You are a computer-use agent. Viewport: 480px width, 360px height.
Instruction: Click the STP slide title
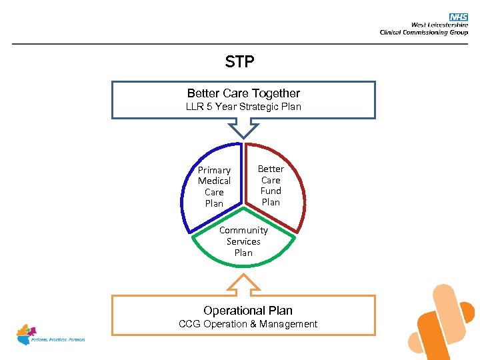click(240, 62)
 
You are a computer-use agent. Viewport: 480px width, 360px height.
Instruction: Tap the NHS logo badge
click(459, 17)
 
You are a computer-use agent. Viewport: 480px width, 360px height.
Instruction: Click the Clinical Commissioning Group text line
click(423, 32)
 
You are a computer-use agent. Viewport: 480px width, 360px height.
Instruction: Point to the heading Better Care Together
click(243, 93)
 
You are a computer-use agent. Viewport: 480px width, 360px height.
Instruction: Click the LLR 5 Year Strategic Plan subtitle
click(243, 107)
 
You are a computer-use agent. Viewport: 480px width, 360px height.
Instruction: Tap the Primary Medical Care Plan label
click(214, 187)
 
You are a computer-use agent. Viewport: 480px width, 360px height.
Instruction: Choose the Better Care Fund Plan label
click(271, 185)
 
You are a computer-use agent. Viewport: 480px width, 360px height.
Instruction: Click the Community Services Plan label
click(243, 241)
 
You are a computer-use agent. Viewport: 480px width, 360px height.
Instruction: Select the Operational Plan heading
click(247, 311)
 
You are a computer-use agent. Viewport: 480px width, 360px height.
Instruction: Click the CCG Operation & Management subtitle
click(248, 324)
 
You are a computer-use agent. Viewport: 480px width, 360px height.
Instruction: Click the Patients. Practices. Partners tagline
click(59, 340)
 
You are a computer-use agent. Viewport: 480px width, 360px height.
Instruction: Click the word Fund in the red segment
click(271, 191)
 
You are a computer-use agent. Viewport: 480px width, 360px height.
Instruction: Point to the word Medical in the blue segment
click(214, 181)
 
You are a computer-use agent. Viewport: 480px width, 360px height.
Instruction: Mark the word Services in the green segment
click(243, 241)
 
